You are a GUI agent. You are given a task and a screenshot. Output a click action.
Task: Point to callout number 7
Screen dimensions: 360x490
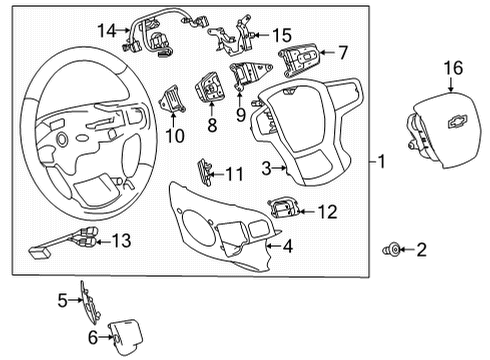(342, 51)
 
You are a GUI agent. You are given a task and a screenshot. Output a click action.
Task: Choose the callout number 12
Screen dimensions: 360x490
(327, 212)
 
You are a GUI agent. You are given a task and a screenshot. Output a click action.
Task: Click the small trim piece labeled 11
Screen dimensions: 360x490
(204, 171)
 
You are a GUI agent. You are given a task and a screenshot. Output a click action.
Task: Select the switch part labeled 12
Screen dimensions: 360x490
(282, 208)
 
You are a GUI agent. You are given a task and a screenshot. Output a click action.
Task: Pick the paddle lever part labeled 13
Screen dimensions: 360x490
(74, 241)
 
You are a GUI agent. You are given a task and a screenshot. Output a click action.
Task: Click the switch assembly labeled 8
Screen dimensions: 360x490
(211, 87)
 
